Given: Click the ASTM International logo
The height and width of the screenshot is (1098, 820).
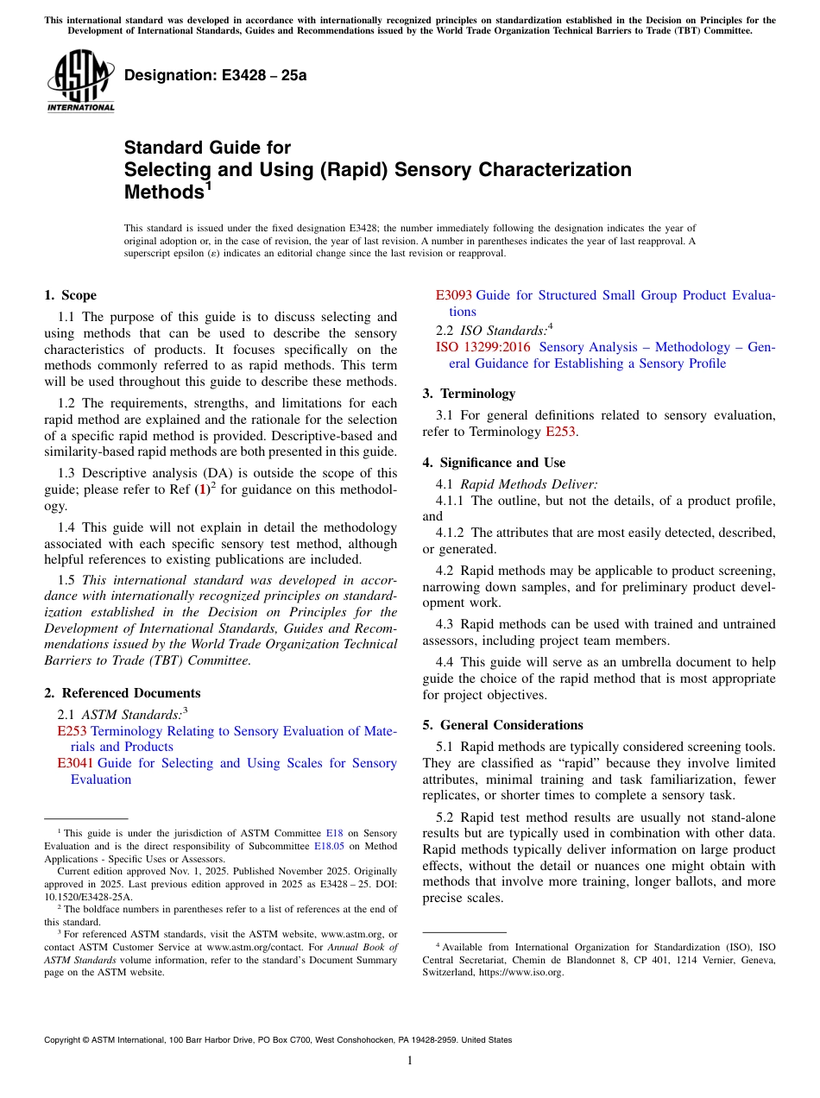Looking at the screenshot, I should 79,80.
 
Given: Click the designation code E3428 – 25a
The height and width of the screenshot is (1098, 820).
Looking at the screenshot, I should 216,75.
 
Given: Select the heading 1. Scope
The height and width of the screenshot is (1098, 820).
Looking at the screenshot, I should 71,295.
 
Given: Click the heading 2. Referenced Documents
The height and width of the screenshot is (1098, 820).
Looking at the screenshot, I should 123,693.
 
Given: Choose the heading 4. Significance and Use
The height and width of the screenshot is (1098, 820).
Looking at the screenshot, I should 494,463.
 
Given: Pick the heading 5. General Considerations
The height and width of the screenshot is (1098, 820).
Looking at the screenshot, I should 502,725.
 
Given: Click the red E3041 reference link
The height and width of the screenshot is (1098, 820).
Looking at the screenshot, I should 75,763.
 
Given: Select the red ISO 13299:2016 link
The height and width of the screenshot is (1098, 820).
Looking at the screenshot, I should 483,347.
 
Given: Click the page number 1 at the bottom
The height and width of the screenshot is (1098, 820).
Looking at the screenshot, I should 410,1061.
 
